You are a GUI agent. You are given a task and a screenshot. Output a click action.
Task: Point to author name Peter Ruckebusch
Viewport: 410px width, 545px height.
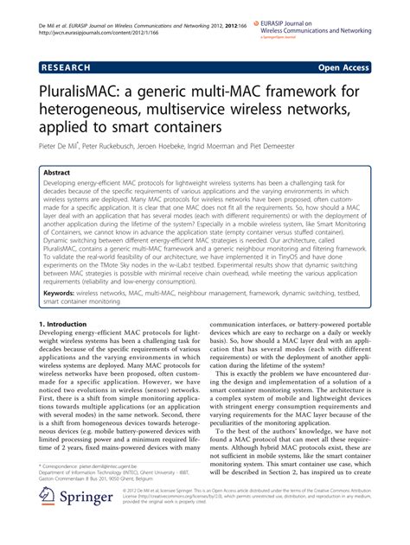click(138, 147)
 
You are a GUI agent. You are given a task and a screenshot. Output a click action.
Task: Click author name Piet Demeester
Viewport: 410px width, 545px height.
click(334, 147)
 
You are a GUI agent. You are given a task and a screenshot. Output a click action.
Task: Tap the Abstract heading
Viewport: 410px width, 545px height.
click(57, 173)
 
